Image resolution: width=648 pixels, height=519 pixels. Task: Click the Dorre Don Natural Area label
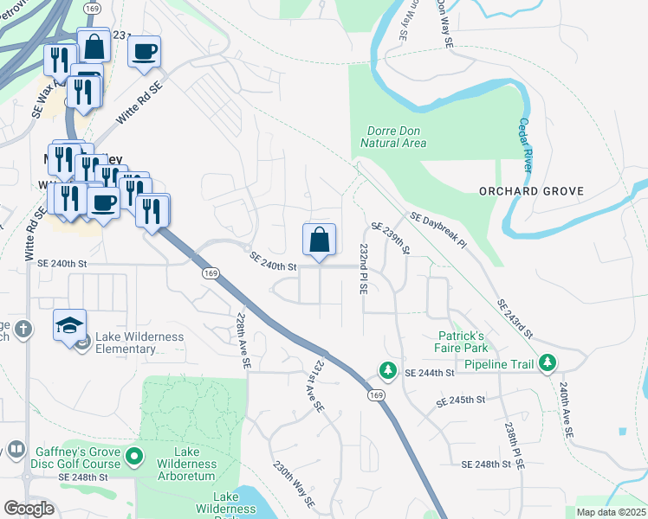[392, 136]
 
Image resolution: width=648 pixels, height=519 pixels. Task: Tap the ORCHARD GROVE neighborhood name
[531, 191]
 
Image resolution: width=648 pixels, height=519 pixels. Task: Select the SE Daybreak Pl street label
[437, 231]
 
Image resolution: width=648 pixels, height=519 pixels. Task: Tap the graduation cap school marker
[69, 326]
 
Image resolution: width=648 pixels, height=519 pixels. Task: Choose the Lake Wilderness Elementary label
[127, 343]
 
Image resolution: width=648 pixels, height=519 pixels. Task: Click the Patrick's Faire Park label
[464, 341]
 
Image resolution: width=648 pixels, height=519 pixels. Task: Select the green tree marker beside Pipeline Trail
[547, 363]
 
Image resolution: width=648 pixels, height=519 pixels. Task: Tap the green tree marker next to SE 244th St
[388, 371]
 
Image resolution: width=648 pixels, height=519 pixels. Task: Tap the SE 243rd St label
[515, 319]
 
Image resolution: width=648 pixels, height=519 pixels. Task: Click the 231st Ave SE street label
[315, 384]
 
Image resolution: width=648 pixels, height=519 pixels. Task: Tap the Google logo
[29, 509]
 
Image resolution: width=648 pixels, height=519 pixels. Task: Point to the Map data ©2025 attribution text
[610, 512]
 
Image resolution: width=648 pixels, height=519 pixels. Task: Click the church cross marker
[24, 330]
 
